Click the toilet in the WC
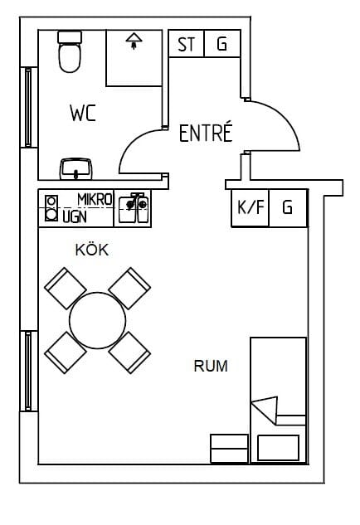(x=70, y=51)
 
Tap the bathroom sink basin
(x=76, y=168)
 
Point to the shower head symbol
(x=134, y=41)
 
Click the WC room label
(x=83, y=113)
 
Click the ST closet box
(x=186, y=43)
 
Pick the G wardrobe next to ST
(x=222, y=43)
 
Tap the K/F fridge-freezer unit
(x=251, y=208)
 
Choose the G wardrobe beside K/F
(x=288, y=208)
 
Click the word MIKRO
(x=95, y=200)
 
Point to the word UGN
(x=75, y=217)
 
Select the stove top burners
(x=51, y=208)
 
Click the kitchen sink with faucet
(x=133, y=208)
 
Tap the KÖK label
(x=92, y=250)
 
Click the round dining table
(x=97, y=320)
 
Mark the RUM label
(x=211, y=366)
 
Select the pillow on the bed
(x=278, y=448)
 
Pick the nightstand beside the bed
(x=230, y=449)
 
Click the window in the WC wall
(x=28, y=107)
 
